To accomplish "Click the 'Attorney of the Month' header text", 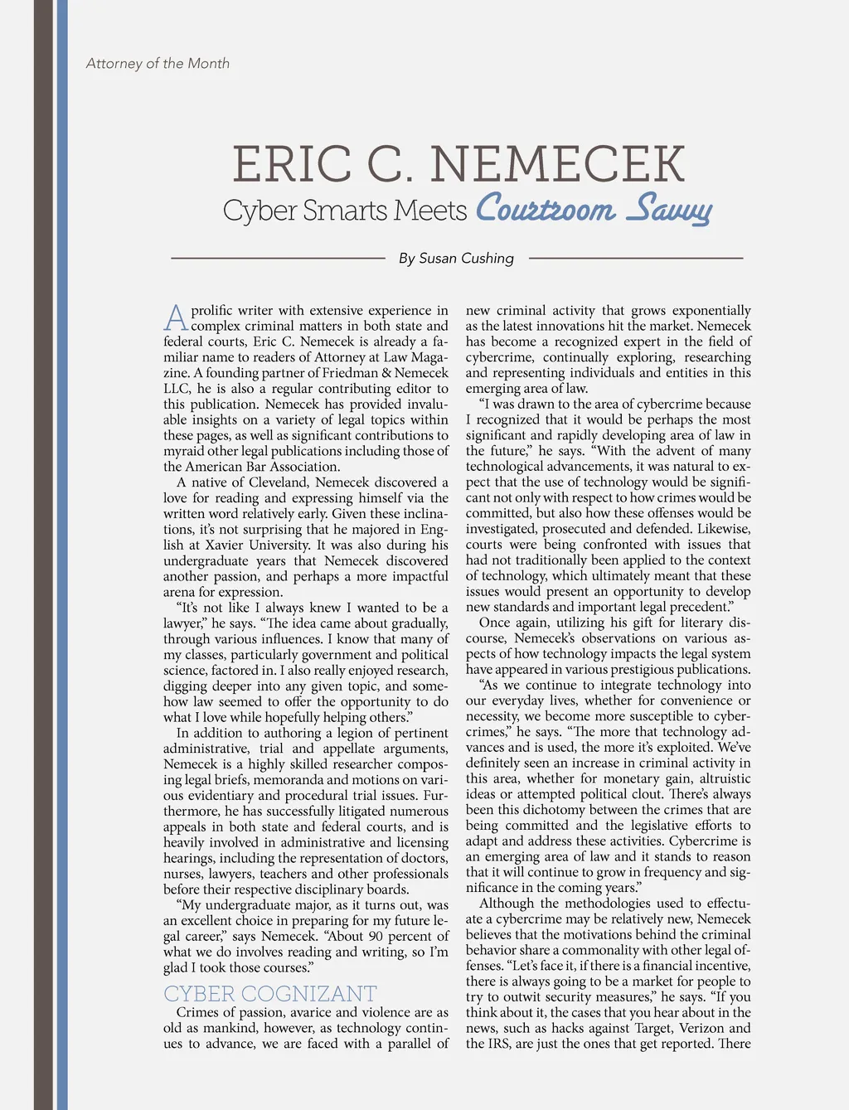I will tap(158, 64).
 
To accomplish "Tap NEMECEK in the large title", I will tap(557, 164).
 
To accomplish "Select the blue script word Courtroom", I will tap(546, 209).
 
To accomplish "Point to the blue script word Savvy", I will tap(668, 211).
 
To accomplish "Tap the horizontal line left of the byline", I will tap(278, 259).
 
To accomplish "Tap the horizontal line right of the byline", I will tap(635, 259).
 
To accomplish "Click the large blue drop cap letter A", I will tap(176, 318).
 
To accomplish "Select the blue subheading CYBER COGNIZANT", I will tap(269, 993).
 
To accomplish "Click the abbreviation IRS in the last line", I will tap(499, 1045).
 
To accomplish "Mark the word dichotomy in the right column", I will tap(560, 810).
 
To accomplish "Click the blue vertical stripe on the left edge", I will tap(62, 555).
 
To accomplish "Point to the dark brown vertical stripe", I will tap(43, 555).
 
